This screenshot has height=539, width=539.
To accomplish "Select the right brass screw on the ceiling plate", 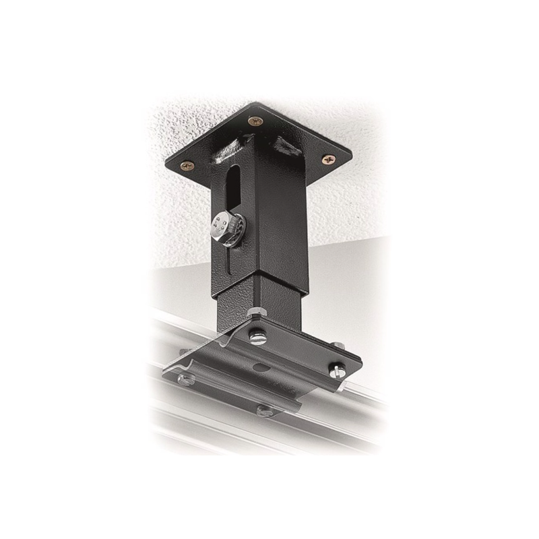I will pyautogui.click(x=329, y=159).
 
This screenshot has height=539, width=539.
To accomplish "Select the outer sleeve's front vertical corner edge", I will pyautogui.click(x=256, y=236).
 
